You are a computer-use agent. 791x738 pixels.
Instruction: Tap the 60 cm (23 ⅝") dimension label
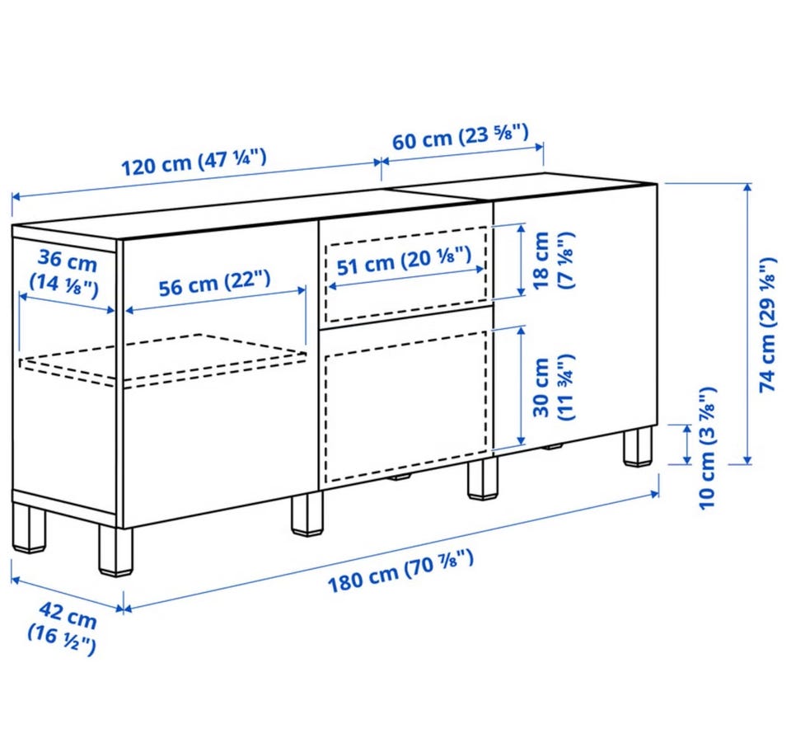click(461, 136)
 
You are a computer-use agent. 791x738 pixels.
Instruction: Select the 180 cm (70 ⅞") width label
click(401, 571)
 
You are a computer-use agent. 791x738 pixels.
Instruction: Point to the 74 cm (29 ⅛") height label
click(768, 325)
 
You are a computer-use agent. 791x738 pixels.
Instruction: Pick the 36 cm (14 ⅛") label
click(64, 273)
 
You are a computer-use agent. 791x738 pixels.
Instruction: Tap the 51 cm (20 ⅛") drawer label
click(404, 261)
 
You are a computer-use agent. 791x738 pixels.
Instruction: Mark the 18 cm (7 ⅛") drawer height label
click(553, 260)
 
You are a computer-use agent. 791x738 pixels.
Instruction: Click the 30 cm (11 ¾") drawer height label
click(553, 388)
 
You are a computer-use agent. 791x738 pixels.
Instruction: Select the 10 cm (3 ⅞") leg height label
click(707, 449)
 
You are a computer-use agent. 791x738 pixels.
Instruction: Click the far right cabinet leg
click(638, 446)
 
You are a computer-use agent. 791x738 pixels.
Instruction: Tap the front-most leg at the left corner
click(116, 550)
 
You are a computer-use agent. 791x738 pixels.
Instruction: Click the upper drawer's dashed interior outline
click(406, 274)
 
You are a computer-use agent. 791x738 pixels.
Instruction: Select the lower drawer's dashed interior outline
click(406, 407)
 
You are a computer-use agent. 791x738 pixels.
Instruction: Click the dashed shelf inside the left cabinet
click(163, 360)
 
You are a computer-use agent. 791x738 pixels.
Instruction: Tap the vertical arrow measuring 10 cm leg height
click(686, 444)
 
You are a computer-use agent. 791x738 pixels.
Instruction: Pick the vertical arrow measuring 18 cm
click(522, 261)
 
